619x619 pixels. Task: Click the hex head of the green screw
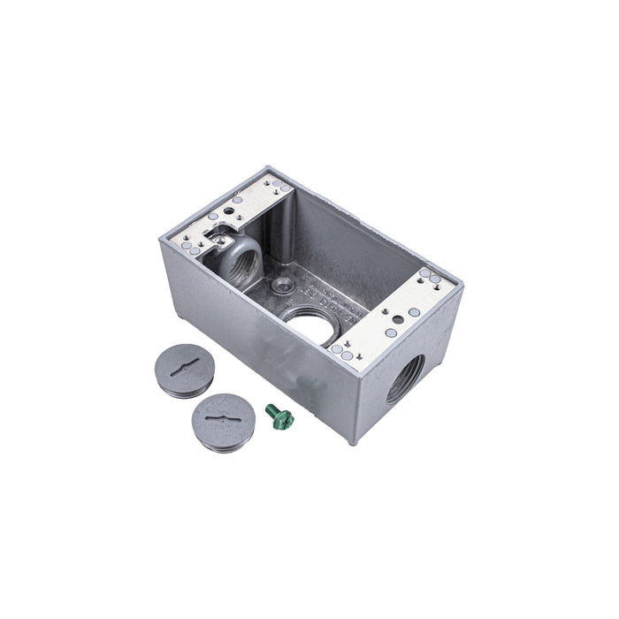pos(271,409)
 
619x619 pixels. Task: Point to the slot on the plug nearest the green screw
pos(214,410)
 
